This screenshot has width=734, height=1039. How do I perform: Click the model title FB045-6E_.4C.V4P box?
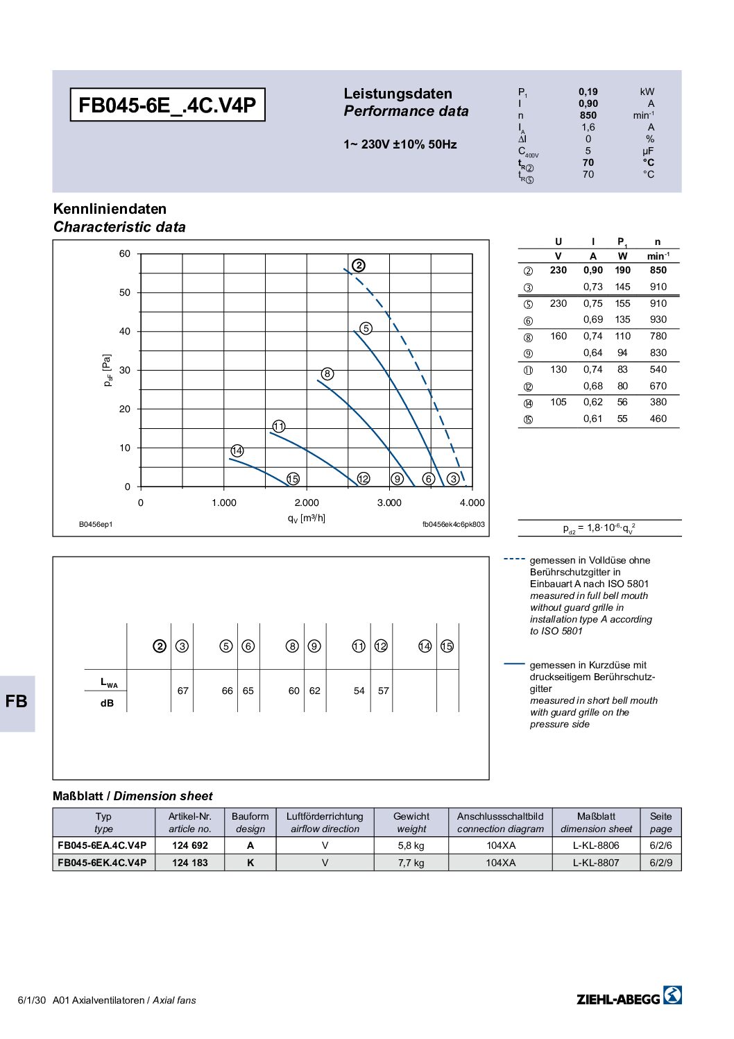click(167, 105)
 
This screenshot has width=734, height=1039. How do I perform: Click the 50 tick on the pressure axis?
click(125, 293)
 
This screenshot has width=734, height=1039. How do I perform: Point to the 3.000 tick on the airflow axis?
click(389, 502)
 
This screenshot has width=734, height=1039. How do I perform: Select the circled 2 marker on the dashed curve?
click(358, 265)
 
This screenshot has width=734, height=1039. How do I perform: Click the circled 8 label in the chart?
click(327, 374)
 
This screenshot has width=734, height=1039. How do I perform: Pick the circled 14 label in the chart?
click(237, 451)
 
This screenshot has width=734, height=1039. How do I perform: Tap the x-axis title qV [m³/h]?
click(306, 518)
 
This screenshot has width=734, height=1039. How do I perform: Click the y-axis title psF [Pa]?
click(107, 371)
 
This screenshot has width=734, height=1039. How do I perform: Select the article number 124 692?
click(189, 845)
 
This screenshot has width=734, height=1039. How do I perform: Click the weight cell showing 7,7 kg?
click(411, 863)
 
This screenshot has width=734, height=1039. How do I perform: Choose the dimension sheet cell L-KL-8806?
click(596, 845)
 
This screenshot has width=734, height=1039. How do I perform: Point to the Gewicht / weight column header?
click(411, 822)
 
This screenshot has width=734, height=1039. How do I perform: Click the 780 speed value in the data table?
click(658, 336)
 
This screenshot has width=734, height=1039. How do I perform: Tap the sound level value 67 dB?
click(182, 691)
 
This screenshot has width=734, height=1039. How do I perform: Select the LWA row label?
click(109, 683)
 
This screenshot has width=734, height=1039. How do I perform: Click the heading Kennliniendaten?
click(110, 209)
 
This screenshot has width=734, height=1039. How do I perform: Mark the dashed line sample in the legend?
click(514, 559)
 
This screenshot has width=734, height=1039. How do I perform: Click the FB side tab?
click(16, 702)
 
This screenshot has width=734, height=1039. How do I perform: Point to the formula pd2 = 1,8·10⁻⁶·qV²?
click(599, 528)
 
